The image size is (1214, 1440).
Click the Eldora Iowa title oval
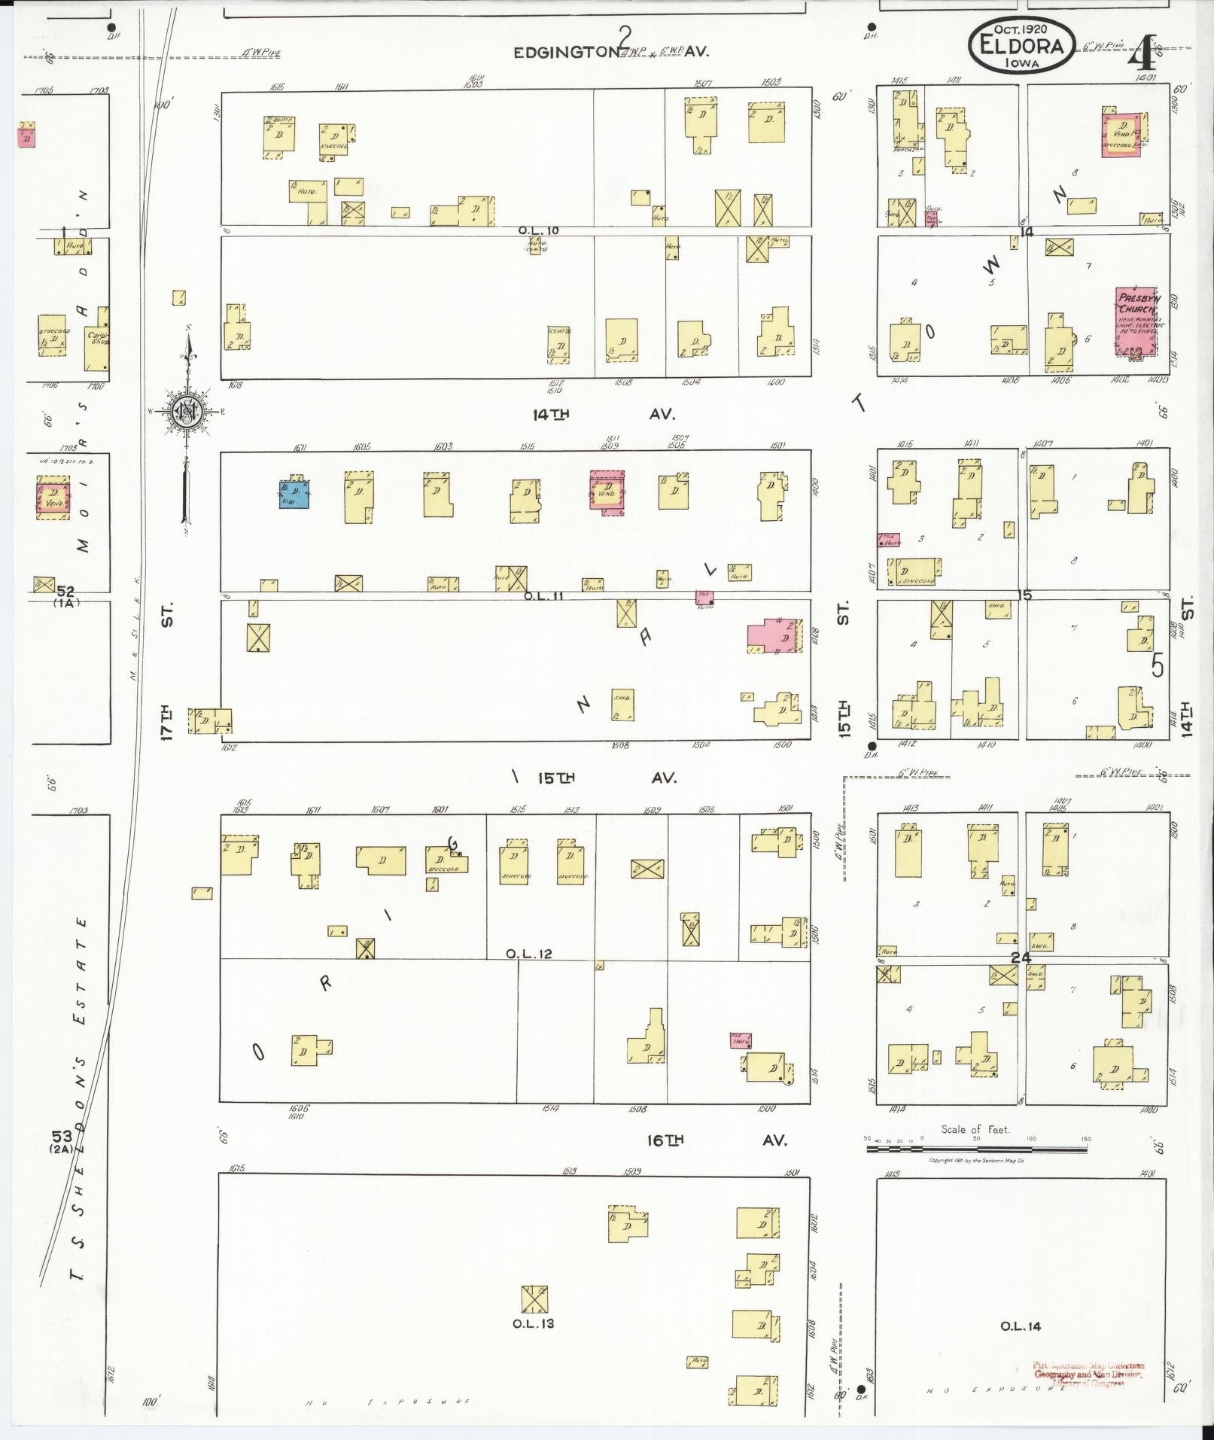coord(1021,46)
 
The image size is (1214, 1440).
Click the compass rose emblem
coord(186,412)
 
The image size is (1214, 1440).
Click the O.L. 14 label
coord(1021,1326)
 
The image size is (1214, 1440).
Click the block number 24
coord(1021,958)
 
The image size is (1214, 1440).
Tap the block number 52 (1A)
coord(67,595)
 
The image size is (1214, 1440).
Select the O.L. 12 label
coord(529,954)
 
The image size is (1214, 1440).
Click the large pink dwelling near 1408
coord(775,635)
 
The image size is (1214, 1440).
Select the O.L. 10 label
coord(539,230)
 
